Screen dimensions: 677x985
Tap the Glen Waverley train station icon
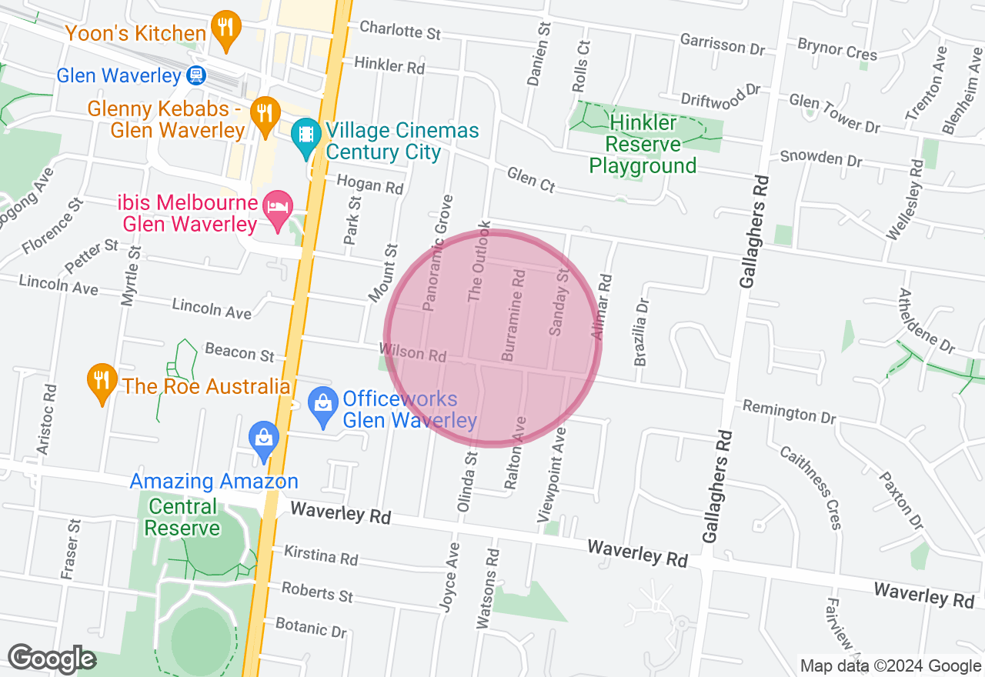[x=195, y=75]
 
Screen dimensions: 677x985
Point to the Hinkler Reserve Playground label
[x=643, y=145]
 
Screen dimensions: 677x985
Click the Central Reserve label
[x=182, y=518]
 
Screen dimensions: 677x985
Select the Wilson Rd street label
[x=414, y=352]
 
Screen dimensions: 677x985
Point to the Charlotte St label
[x=400, y=31]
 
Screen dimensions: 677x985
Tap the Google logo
[x=52, y=659]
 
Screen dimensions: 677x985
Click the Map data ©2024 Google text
[x=890, y=666]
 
